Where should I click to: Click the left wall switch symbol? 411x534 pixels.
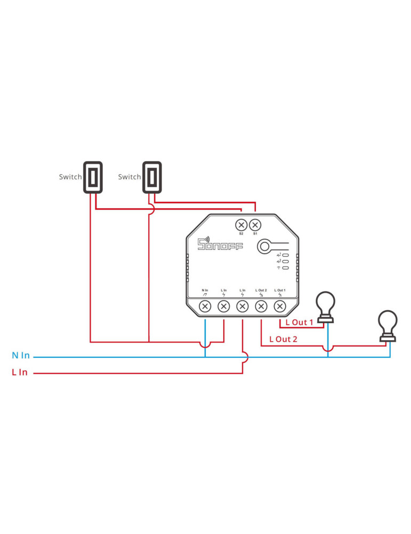point(92,177)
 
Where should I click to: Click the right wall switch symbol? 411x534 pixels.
point(152,177)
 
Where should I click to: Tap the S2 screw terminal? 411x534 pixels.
point(241,224)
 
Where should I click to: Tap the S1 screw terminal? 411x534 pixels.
point(255,224)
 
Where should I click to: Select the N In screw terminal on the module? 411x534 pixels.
point(205,306)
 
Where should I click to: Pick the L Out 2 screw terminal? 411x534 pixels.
point(261,306)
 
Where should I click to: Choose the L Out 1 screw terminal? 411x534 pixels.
point(279,306)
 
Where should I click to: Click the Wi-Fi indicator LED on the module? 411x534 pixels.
point(286,268)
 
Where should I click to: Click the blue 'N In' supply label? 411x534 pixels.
point(21,356)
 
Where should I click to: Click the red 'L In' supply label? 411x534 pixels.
point(20,372)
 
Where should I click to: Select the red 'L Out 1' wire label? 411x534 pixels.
point(299,323)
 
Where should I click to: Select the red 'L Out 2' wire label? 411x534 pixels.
point(283,339)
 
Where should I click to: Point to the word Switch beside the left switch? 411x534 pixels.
point(70,177)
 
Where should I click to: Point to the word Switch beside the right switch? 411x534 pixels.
point(130,177)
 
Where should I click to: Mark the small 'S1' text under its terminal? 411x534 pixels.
point(255,234)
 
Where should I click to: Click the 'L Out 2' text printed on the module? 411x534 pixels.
point(261,290)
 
